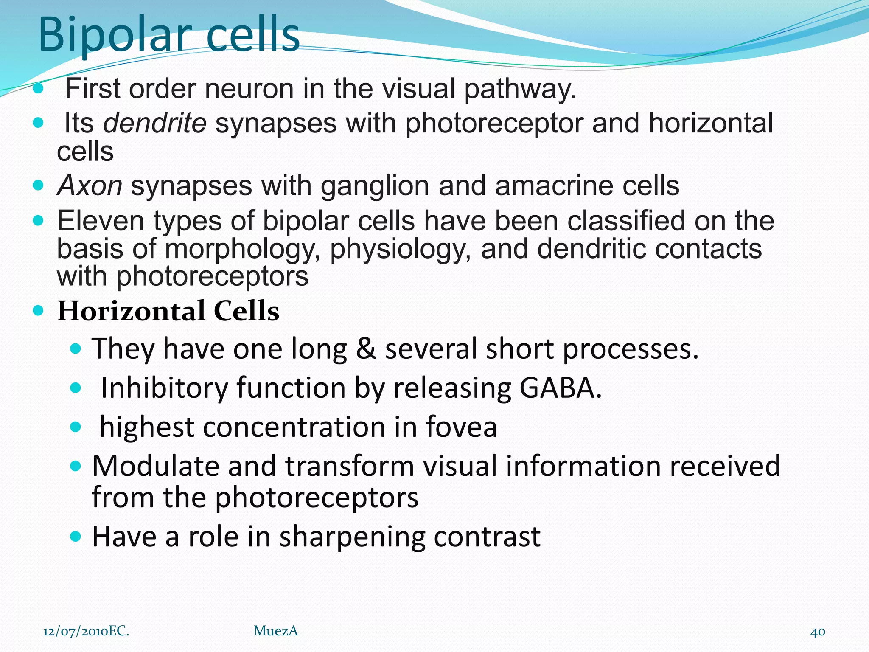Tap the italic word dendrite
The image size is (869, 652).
pyautogui.click(x=155, y=123)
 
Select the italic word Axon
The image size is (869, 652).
pyautogui.click(x=90, y=186)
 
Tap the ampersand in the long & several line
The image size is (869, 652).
pyautogui.click(x=366, y=348)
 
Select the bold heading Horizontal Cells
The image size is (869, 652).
pyautogui.click(x=168, y=311)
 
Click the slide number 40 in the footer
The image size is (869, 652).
pyautogui.click(x=818, y=632)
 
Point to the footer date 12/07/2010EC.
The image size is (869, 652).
pyautogui.click(x=86, y=631)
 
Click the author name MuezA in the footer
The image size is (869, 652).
pyautogui.click(x=276, y=631)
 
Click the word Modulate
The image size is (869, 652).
pyautogui.click(x=155, y=466)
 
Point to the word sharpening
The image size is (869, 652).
pyautogui.click(x=352, y=537)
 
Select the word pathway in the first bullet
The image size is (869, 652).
pyautogui.click(x=520, y=90)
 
